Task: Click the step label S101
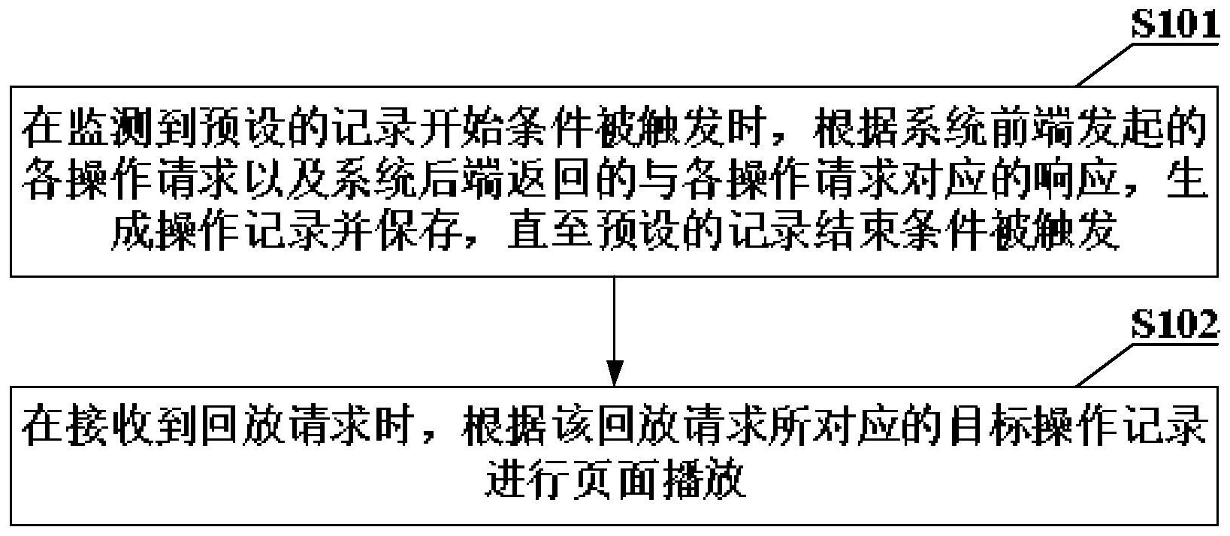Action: click(x=1174, y=26)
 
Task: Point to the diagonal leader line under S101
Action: click(x=1108, y=66)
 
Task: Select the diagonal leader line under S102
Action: click(x=1108, y=365)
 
